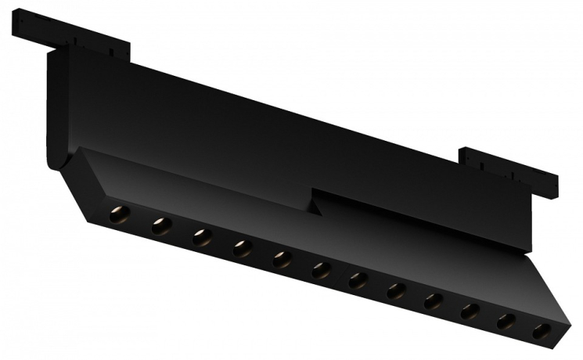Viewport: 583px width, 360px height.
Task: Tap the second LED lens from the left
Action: [160, 225]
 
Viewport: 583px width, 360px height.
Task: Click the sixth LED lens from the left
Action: [321, 270]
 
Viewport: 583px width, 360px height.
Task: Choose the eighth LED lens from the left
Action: [396, 290]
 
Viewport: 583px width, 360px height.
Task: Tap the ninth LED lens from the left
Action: [434, 301]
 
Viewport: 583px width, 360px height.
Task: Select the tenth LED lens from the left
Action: [470, 311]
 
